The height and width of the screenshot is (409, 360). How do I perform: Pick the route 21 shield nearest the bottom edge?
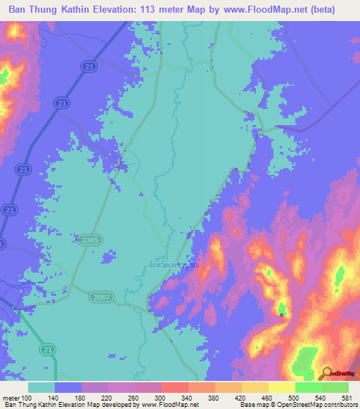pyautogui.click(x=45, y=349)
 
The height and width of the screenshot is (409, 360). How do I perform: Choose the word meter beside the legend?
pyautogui.click(x=11, y=398)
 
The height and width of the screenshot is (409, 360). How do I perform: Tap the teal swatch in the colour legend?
pyautogui.click(x=41, y=387)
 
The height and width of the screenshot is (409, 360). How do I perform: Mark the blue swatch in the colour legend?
pyautogui.click(x=68, y=387)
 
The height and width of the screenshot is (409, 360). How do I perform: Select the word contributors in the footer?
pyautogui.click(x=341, y=405)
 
